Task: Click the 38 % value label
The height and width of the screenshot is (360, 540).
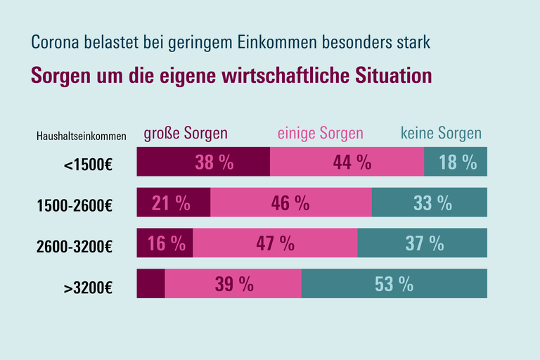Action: click(x=214, y=162)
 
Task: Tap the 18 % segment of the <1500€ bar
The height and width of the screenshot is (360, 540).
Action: click(x=456, y=162)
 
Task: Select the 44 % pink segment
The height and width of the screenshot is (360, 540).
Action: click(x=347, y=162)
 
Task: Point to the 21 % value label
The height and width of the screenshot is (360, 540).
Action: click(x=171, y=203)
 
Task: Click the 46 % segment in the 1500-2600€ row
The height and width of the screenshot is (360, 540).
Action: click(x=291, y=203)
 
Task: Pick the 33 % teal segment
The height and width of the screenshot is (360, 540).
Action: click(x=430, y=203)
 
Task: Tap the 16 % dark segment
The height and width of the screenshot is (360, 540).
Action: click(x=165, y=243)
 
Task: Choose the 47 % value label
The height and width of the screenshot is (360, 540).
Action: click(x=276, y=243)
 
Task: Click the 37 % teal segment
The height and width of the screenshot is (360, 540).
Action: click(x=423, y=243)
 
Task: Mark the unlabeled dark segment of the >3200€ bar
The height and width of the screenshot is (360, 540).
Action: click(x=150, y=283)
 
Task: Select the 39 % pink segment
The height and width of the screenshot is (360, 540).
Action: click(x=233, y=283)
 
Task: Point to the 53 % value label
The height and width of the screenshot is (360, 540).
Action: click(x=394, y=283)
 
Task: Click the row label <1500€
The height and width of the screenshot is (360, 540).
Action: click(x=89, y=166)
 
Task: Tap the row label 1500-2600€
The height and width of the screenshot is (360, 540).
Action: click(x=75, y=206)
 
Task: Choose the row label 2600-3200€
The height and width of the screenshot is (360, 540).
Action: click(x=75, y=246)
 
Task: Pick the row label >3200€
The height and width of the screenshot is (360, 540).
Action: click(x=89, y=287)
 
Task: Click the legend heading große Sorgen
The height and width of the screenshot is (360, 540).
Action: click(x=186, y=134)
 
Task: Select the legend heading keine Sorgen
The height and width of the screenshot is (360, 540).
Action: click(x=441, y=134)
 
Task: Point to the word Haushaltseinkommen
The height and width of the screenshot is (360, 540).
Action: click(x=81, y=136)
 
